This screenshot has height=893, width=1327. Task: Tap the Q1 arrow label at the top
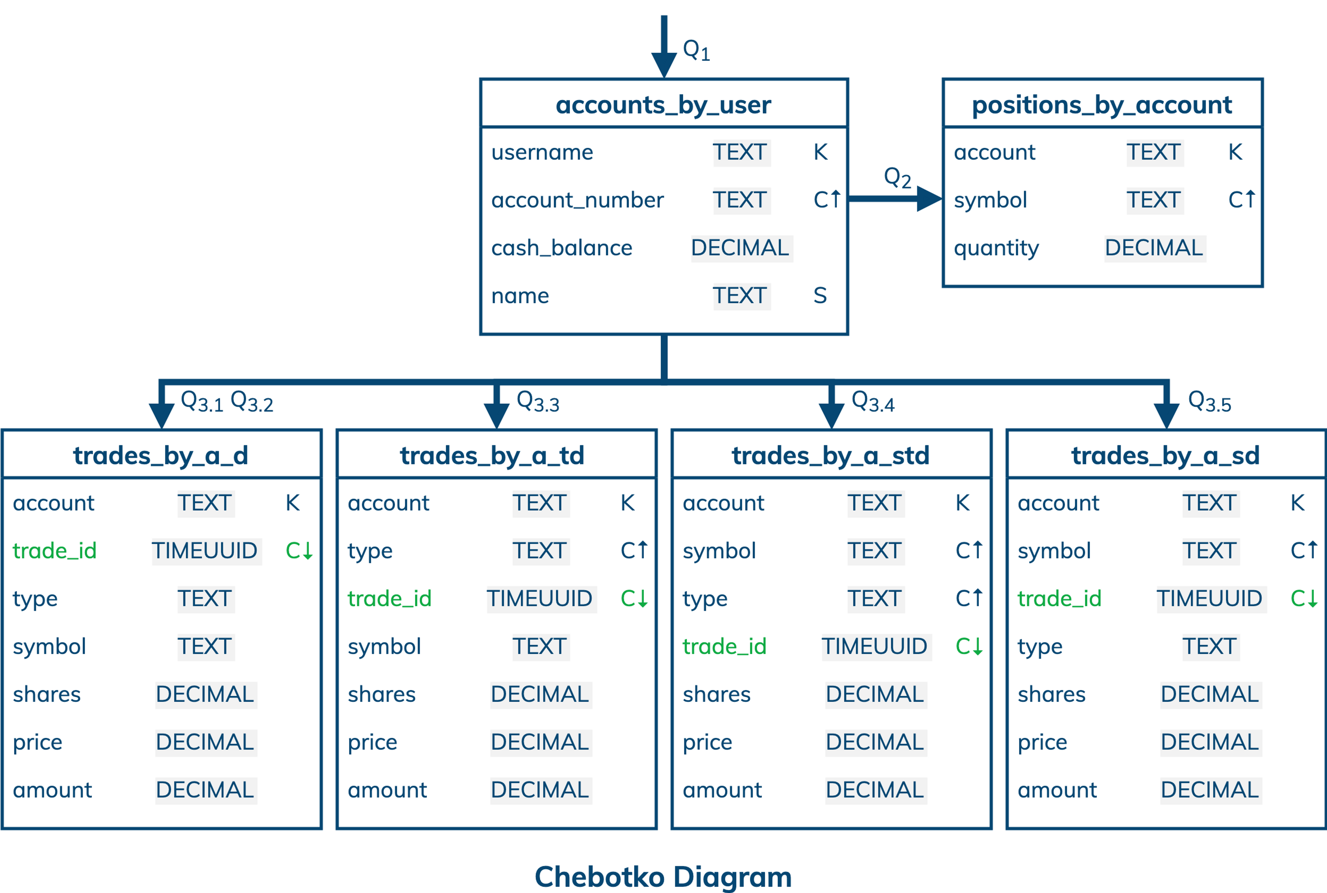coord(696,50)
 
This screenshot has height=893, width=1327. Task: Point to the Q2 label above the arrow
coord(897,177)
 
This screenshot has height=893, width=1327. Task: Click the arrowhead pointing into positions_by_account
coord(929,199)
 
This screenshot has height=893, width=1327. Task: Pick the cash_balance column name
coord(561,248)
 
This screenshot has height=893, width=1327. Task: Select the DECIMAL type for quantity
coord(1154,248)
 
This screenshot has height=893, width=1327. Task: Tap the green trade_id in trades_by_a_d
coord(55,551)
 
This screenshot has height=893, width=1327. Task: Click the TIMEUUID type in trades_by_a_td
coord(539,599)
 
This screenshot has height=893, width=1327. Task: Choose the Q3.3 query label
coord(537,401)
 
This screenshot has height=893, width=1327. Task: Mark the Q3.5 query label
coord(1209,401)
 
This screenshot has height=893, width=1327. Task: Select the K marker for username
coord(820,152)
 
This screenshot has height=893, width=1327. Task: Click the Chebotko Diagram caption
coord(663,876)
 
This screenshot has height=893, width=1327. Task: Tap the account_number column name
coord(577,200)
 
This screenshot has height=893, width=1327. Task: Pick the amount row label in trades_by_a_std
coord(722,790)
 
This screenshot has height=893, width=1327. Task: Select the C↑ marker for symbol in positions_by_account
coord(1241,200)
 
